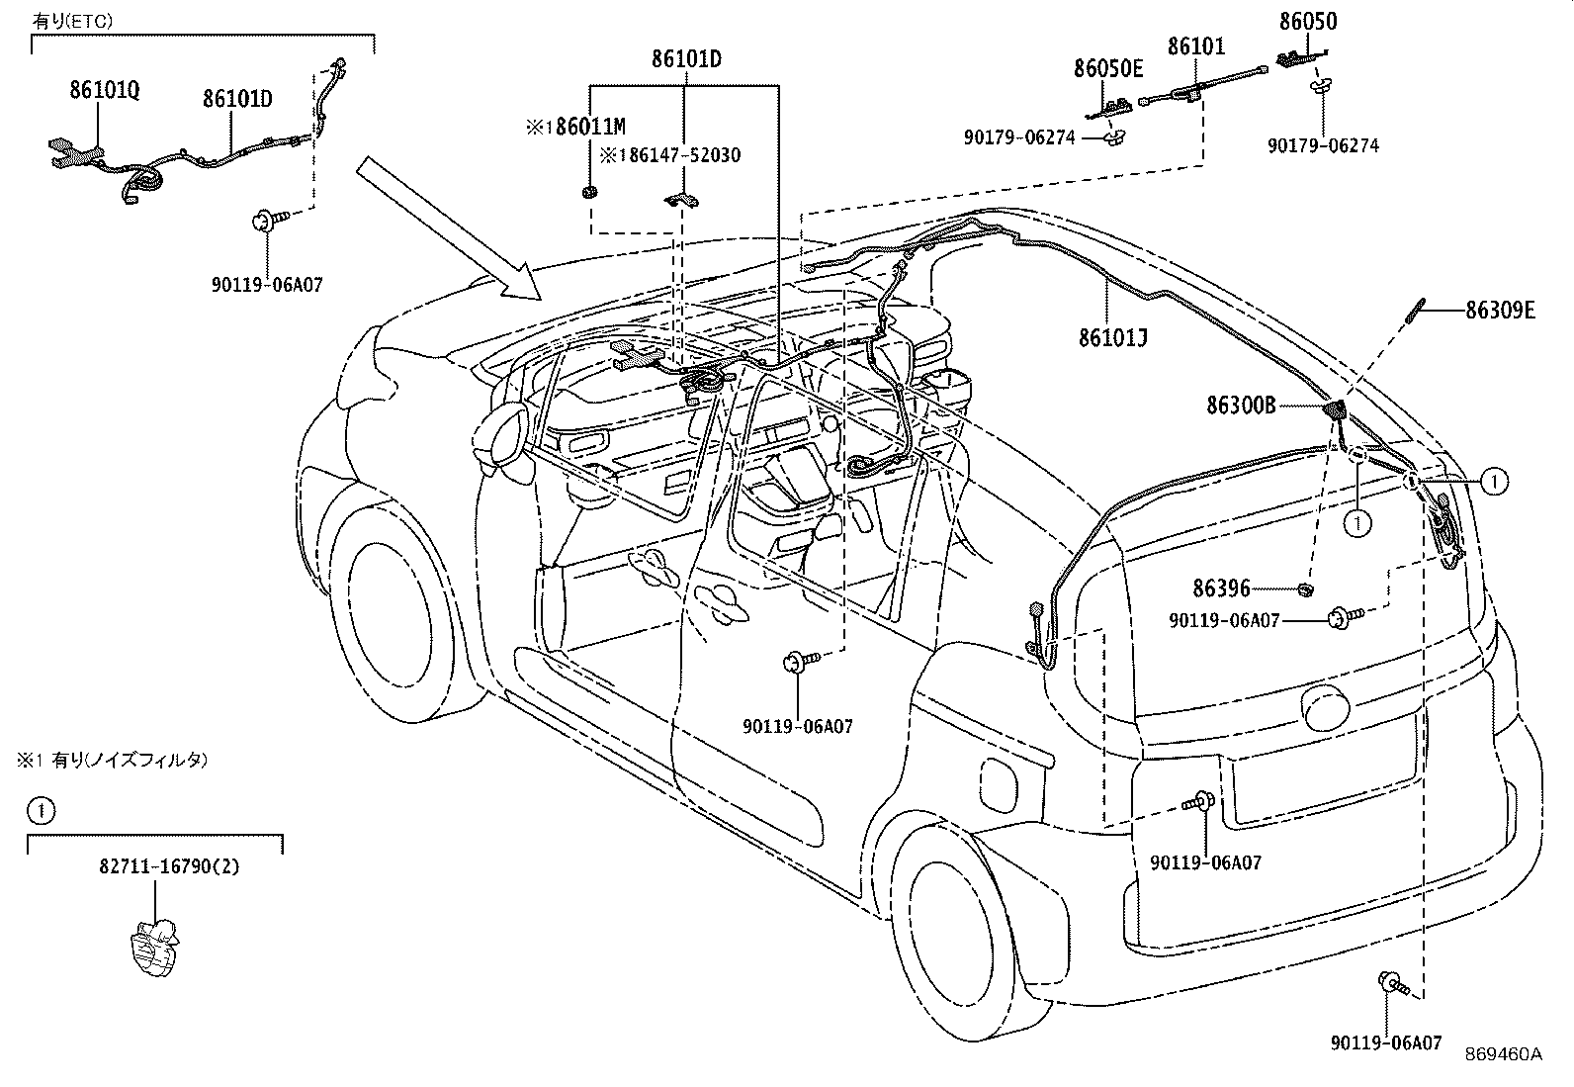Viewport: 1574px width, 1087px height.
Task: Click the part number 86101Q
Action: tap(104, 90)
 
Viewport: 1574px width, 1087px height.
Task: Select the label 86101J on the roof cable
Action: tap(1113, 338)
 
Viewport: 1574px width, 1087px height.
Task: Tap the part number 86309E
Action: tap(1500, 310)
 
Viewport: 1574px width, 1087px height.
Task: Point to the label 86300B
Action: tap(1241, 406)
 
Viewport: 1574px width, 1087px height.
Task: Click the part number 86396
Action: tap(1221, 588)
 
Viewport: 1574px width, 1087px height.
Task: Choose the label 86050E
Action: tap(1108, 68)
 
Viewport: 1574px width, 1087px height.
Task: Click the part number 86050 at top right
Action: tap(1308, 21)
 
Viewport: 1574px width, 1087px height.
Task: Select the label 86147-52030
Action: tap(684, 154)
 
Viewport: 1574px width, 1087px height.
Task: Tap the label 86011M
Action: tap(590, 127)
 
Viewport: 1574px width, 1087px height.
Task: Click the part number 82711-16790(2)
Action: tap(169, 866)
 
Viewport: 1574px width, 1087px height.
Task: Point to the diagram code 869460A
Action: tap(1503, 1054)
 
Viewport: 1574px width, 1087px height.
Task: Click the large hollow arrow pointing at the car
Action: tap(450, 229)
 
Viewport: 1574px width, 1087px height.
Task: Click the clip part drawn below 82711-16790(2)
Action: tap(154, 948)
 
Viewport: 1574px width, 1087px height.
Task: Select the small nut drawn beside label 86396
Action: tap(1304, 589)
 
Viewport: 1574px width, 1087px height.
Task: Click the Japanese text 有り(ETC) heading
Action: tap(72, 21)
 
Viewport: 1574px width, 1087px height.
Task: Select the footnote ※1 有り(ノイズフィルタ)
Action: tap(113, 760)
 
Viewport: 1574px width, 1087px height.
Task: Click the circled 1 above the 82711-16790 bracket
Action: tap(41, 811)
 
